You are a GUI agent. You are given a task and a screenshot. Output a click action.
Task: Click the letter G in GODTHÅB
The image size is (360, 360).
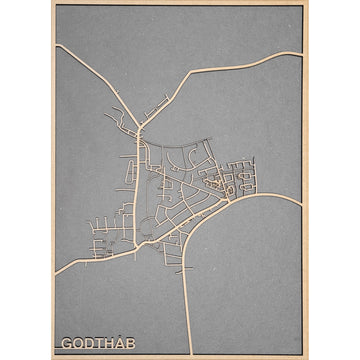click(66, 344)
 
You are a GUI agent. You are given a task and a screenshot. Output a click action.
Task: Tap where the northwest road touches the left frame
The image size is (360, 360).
click(56, 45)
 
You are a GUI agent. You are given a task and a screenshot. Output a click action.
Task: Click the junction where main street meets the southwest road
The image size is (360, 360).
click(141, 243)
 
